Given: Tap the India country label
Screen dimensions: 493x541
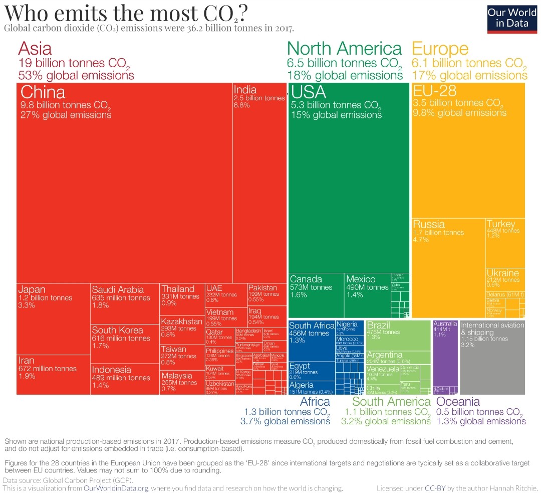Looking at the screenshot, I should (x=245, y=90).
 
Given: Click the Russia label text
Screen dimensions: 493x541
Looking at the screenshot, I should (x=429, y=224).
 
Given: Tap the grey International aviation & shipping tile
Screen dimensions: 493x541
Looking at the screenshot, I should (x=492, y=356).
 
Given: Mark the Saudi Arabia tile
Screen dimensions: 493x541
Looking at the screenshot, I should (x=125, y=303).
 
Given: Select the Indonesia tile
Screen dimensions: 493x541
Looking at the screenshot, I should (x=125, y=379).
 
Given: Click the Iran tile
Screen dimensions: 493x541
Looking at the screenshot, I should (x=53, y=374).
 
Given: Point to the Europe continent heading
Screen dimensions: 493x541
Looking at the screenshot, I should (x=440, y=49).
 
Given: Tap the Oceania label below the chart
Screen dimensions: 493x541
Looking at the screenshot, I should (x=458, y=402).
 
